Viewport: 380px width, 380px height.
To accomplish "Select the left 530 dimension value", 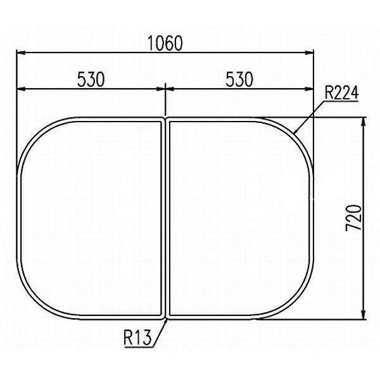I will point(91,79).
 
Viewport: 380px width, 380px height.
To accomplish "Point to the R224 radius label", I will point(341,94).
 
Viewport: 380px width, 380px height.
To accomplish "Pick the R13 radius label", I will point(137,338).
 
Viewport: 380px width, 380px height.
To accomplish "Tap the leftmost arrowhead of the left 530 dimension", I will point(20,89).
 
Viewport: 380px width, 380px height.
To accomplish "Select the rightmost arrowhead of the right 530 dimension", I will point(310,89).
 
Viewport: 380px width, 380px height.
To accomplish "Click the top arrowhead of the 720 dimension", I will point(363,122).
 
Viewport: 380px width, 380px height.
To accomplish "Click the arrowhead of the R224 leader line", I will point(296,131).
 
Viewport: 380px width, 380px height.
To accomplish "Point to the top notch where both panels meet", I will point(165,119).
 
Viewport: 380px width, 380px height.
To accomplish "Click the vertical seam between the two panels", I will point(165,218).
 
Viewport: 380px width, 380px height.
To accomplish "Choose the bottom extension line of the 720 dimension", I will point(317,319).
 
